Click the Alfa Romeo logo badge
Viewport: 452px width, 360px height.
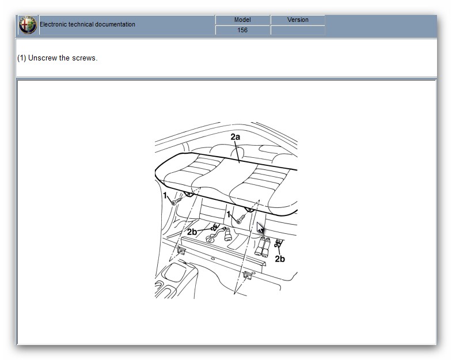click(x=28, y=25)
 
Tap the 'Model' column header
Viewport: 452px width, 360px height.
click(x=242, y=20)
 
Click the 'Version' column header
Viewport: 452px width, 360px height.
click(x=298, y=20)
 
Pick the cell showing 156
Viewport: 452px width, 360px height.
click(x=242, y=30)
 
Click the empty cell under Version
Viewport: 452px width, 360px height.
click(x=298, y=30)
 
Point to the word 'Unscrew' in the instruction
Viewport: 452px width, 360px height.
click(x=43, y=58)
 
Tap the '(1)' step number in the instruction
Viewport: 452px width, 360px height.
click(x=22, y=58)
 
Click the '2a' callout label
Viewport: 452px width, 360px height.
click(x=236, y=137)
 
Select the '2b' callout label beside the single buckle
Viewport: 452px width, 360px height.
click(x=192, y=232)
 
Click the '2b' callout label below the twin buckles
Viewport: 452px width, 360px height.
click(x=280, y=259)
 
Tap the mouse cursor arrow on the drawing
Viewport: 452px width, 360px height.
click(x=260, y=228)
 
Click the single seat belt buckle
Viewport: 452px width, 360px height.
click(x=228, y=234)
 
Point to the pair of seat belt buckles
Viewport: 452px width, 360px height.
click(x=263, y=247)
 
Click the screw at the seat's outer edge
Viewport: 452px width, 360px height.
click(x=177, y=200)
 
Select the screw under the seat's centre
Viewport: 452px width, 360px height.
click(x=241, y=219)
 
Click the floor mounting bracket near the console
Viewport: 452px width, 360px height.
click(x=181, y=251)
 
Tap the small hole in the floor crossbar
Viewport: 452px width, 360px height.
click(x=212, y=259)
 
